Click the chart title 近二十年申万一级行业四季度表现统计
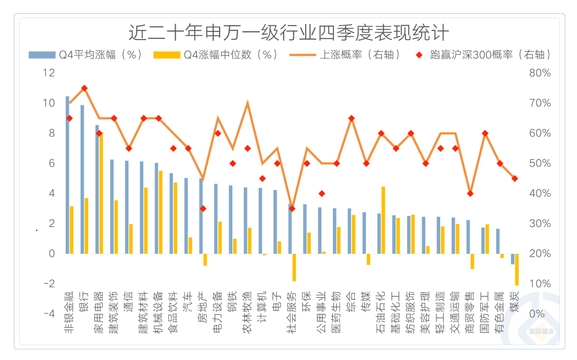pos(288,33)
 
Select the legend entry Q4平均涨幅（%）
pos(85,54)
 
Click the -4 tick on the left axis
pos(49,314)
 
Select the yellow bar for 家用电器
pos(101,193)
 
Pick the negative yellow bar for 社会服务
pos(294,267)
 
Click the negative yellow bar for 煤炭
pos(517,269)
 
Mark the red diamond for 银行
pos(84,88)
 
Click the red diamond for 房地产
pos(203,208)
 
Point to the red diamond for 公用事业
pos(322,193)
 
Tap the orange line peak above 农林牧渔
pos(247,103)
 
